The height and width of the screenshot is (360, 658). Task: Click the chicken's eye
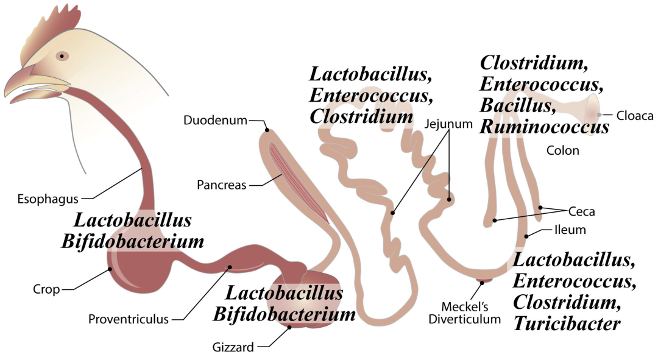[x=62, y=56]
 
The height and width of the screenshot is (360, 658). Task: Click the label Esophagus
[x=48, y=198]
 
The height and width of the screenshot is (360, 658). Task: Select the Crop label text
[x=46, y=289]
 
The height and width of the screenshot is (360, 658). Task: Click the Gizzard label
[x=233, y=348]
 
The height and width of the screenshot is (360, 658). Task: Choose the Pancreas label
[x=222, y=185]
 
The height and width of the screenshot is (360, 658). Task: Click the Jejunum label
[x=449, y=124]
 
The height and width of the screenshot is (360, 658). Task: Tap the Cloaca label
[x=635, y=115]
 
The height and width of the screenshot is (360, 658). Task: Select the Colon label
[x=562, y=150]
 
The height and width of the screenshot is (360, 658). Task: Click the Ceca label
[x=581, y=211]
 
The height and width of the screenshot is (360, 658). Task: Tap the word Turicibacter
[x=567, y=323]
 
